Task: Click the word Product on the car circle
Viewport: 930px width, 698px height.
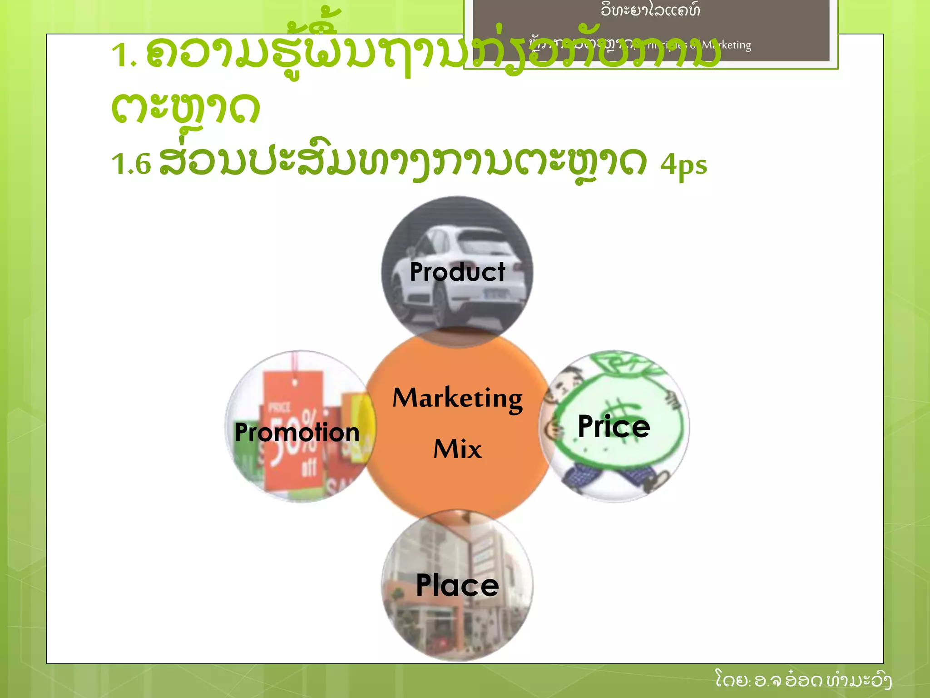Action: point(457,272)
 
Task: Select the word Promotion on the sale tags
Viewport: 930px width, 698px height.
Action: point(297,432)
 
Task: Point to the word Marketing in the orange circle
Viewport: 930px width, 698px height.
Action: point(457,398)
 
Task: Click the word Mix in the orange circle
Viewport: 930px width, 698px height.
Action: point(457,449)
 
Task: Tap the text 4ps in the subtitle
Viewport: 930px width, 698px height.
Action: point(683,165)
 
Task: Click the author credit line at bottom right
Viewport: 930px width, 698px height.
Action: point(803,680)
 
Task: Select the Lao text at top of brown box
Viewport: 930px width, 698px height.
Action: point(650,10)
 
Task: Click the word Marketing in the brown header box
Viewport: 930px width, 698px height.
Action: point(726,45)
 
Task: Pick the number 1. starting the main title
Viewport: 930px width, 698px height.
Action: point(124,55)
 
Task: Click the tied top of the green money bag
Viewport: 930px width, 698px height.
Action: point(622,364)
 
